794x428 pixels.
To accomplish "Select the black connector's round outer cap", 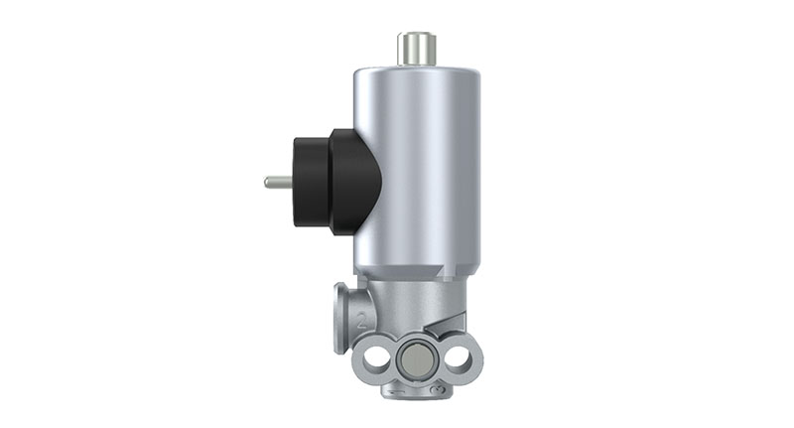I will pyautogui.click(x=311, y=182).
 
